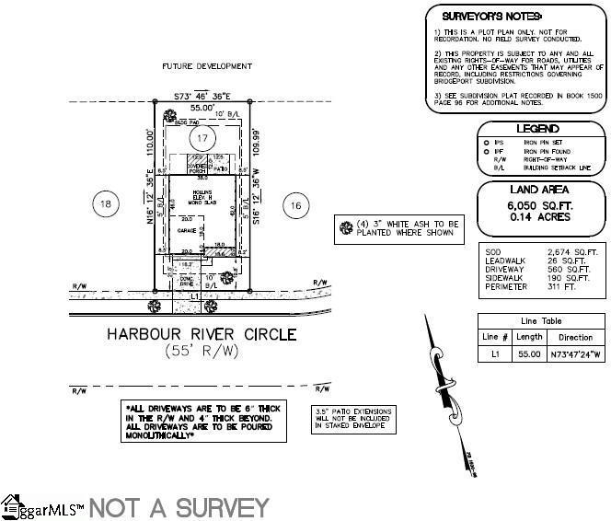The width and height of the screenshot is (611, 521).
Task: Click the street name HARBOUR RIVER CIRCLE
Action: click(201, 334)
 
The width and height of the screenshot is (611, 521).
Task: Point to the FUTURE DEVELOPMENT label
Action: click(206, 66)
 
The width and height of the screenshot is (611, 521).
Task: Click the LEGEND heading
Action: click(537, 129)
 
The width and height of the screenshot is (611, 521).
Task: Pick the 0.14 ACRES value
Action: click(537, 217)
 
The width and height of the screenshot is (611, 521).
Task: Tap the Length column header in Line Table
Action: click(528, 337)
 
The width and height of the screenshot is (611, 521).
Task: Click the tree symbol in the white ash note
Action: click(346, 227)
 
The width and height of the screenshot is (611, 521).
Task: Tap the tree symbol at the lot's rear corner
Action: click(167, 116)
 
